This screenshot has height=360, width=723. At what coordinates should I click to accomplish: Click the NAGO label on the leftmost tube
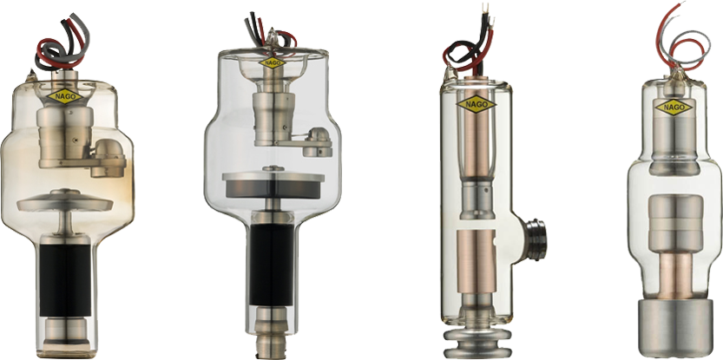coord(65,96)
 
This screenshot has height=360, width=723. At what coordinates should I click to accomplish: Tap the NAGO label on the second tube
coord(273,62)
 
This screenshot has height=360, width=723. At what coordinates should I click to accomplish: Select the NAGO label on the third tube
coord(477,104)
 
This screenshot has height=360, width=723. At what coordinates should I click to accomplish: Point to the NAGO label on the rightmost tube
coord(674,108)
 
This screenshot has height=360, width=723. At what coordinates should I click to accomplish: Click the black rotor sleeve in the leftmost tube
coord(65,280)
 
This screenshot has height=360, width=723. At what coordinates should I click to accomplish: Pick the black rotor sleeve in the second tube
coord(272,265)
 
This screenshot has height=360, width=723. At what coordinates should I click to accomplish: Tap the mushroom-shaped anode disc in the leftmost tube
coord(65,201)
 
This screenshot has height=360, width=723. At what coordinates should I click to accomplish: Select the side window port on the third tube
coord(535,239)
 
